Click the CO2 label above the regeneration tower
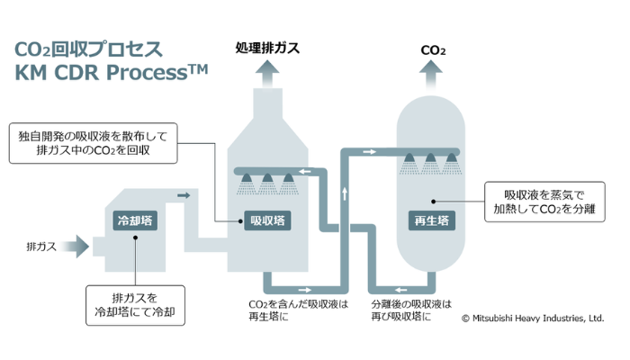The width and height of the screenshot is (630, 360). pos(433,50)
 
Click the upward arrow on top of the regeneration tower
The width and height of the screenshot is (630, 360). pos(433,77)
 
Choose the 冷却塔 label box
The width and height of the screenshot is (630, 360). pos(133,220)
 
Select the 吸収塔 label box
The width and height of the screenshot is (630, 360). pos(268,220)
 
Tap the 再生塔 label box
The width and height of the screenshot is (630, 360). pos(433,220)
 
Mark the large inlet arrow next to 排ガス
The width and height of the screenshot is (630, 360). pos(76,245)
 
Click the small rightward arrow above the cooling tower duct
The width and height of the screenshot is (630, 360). pos(184,194)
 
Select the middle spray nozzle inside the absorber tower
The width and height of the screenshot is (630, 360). pos(267,184)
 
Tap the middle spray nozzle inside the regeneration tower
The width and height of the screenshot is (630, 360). pos(432,162)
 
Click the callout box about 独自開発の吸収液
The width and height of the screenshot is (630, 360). pos(95,143)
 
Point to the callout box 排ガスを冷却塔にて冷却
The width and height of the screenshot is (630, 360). pos(135,305)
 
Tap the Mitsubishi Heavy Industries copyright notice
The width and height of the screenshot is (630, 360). pos(532,319)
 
